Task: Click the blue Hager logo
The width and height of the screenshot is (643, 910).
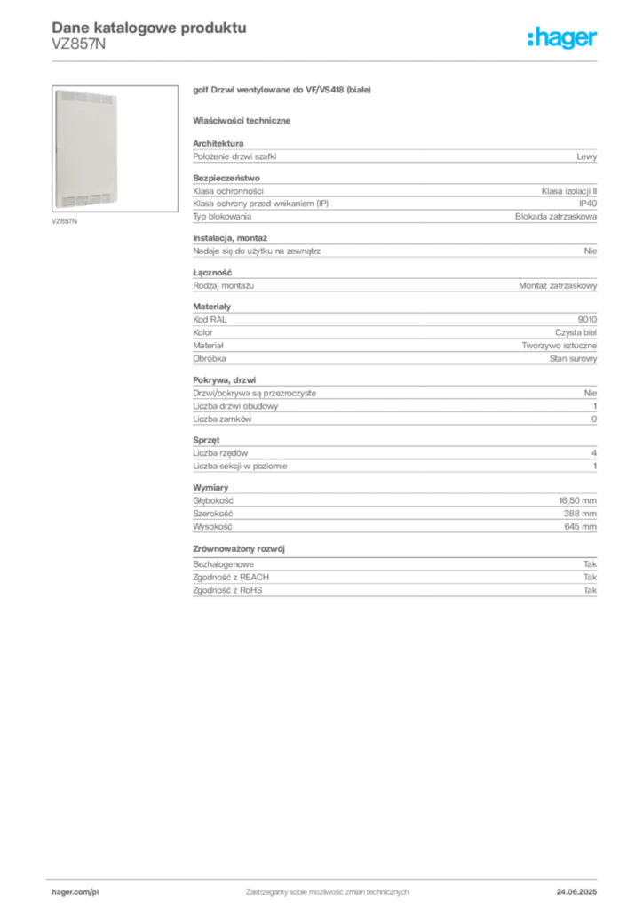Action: [564, 39]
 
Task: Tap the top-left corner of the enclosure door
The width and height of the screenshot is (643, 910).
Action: [57, 89]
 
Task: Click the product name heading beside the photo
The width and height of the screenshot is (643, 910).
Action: [284, 90]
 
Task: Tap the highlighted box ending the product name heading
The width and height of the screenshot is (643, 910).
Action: [350, 90]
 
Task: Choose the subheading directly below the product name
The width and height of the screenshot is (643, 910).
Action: [245, 119]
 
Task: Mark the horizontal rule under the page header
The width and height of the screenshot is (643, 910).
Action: [327, 60]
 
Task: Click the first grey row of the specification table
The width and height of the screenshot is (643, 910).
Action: [394, 156]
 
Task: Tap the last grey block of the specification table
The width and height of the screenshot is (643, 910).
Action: [394, 587]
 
